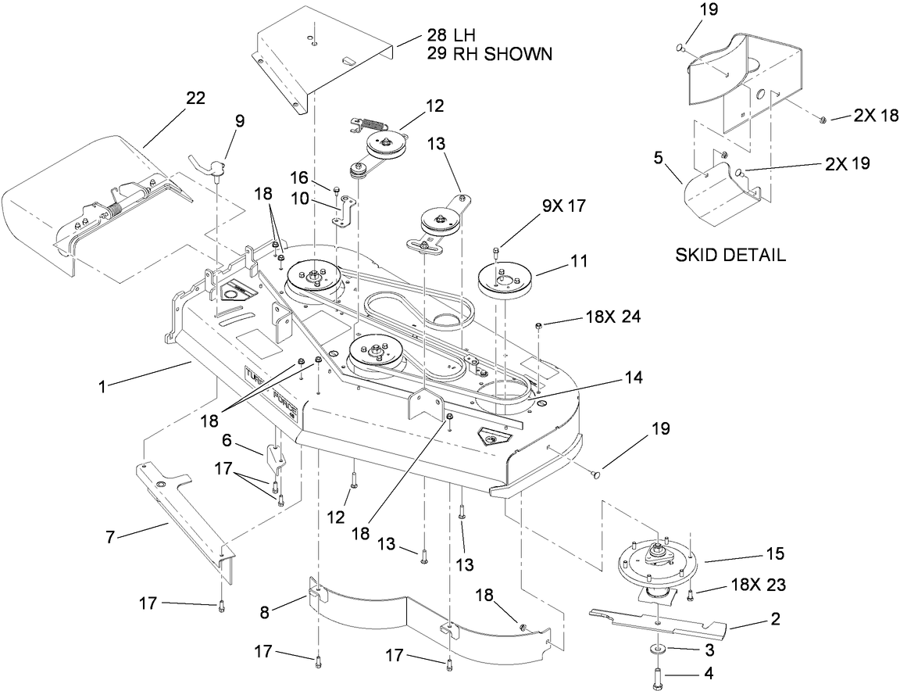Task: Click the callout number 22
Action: click(x=195, y=98)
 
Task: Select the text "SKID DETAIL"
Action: click(x=730, y=256)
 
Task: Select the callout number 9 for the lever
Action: click(x=239, y=120)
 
